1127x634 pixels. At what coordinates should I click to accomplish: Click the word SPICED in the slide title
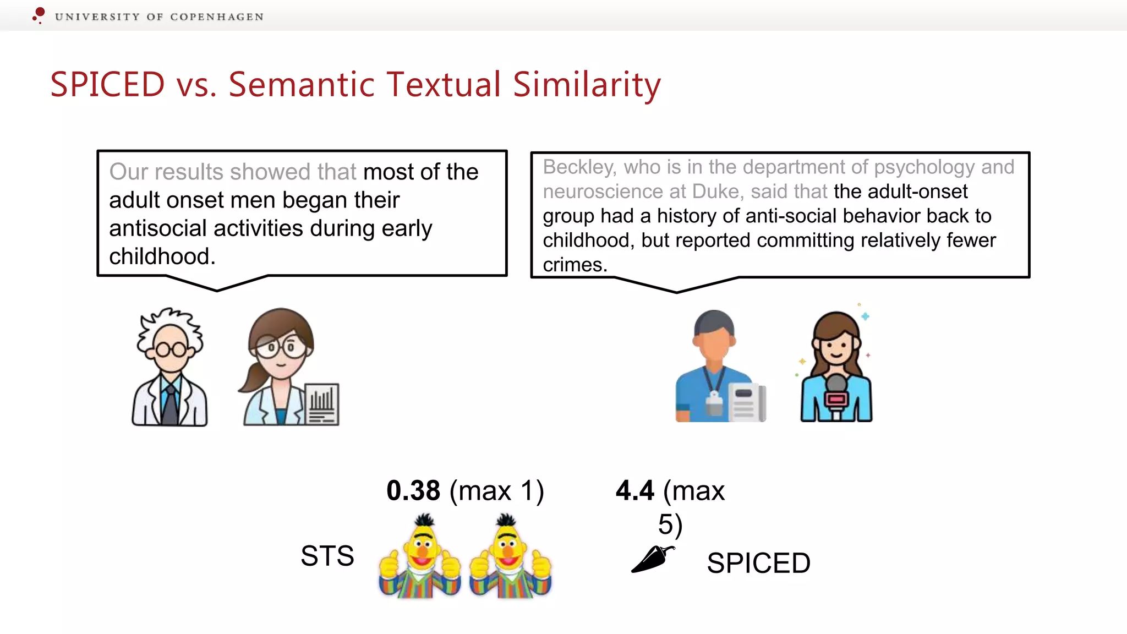pos(107,85)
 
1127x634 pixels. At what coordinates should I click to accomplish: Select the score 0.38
pos(413,490)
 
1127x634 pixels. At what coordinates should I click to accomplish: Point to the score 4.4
pos(634,490)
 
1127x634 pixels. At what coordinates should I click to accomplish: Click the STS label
pos(327,556)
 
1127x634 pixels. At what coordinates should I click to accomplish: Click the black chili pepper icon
pos(652,559)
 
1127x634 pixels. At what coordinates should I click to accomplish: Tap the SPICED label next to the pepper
pos(758,563)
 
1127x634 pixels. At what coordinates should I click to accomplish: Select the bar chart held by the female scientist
pos(322,404)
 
